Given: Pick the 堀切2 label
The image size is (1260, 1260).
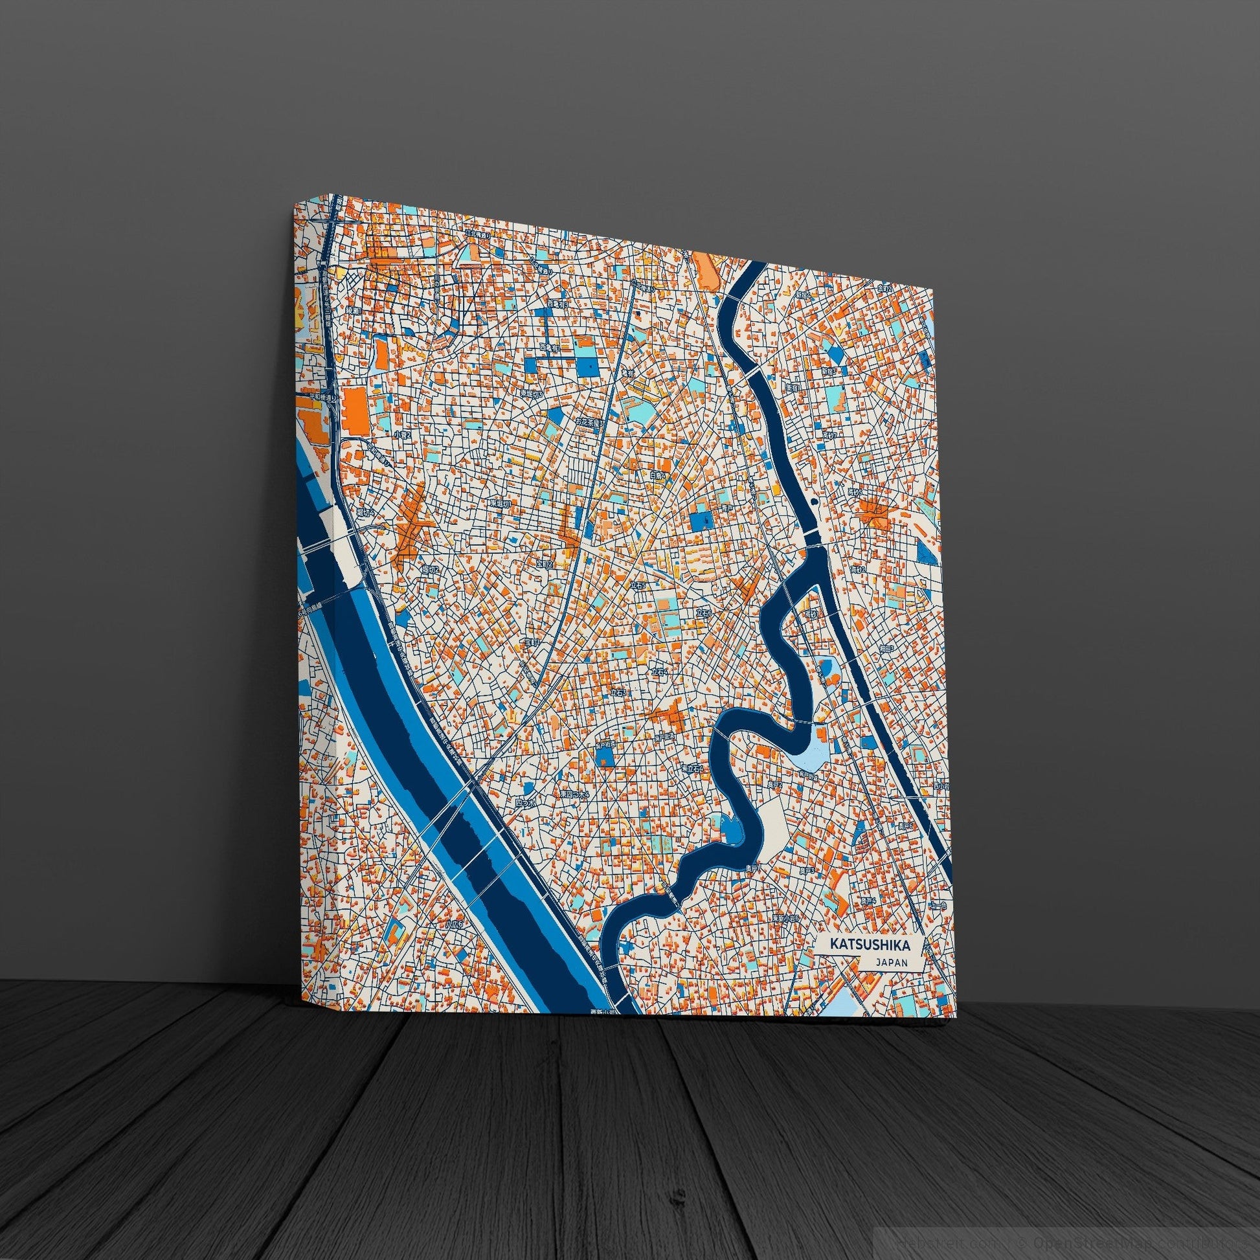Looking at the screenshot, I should [x=431, y=568].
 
